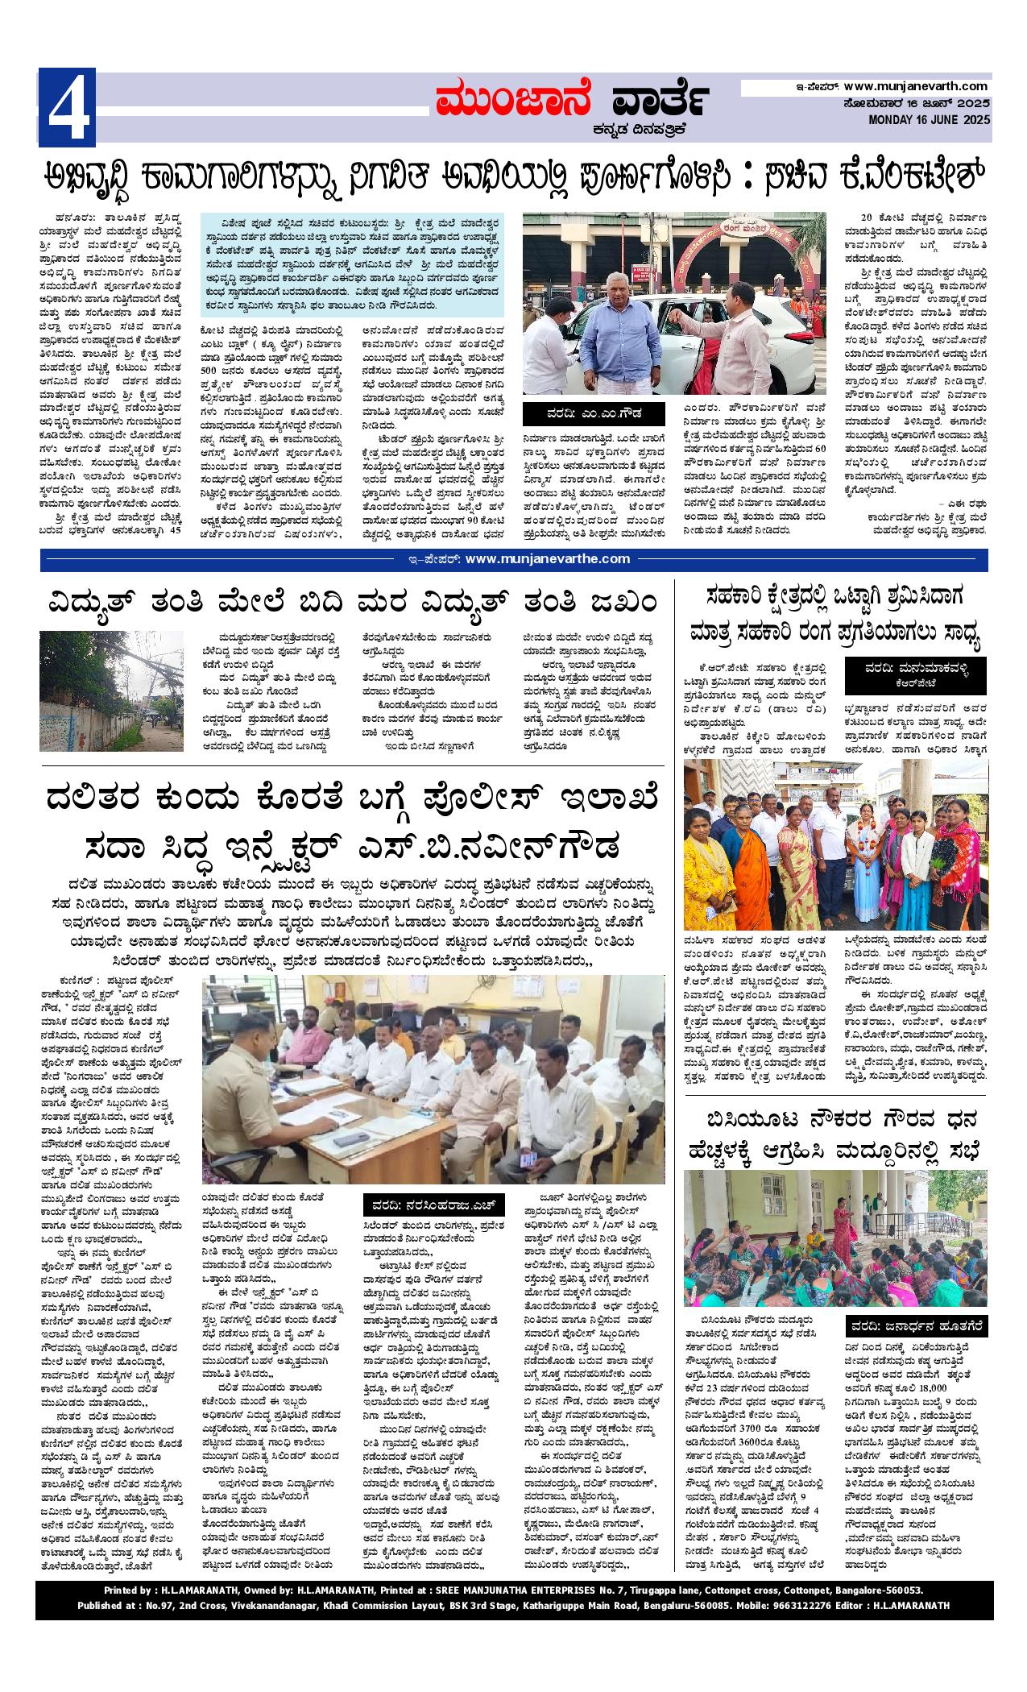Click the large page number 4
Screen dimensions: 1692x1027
[67, 108]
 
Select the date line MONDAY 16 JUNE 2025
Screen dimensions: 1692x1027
[928, 120]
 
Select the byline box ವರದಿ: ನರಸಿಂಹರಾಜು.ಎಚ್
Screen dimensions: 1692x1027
[436, 1205]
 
